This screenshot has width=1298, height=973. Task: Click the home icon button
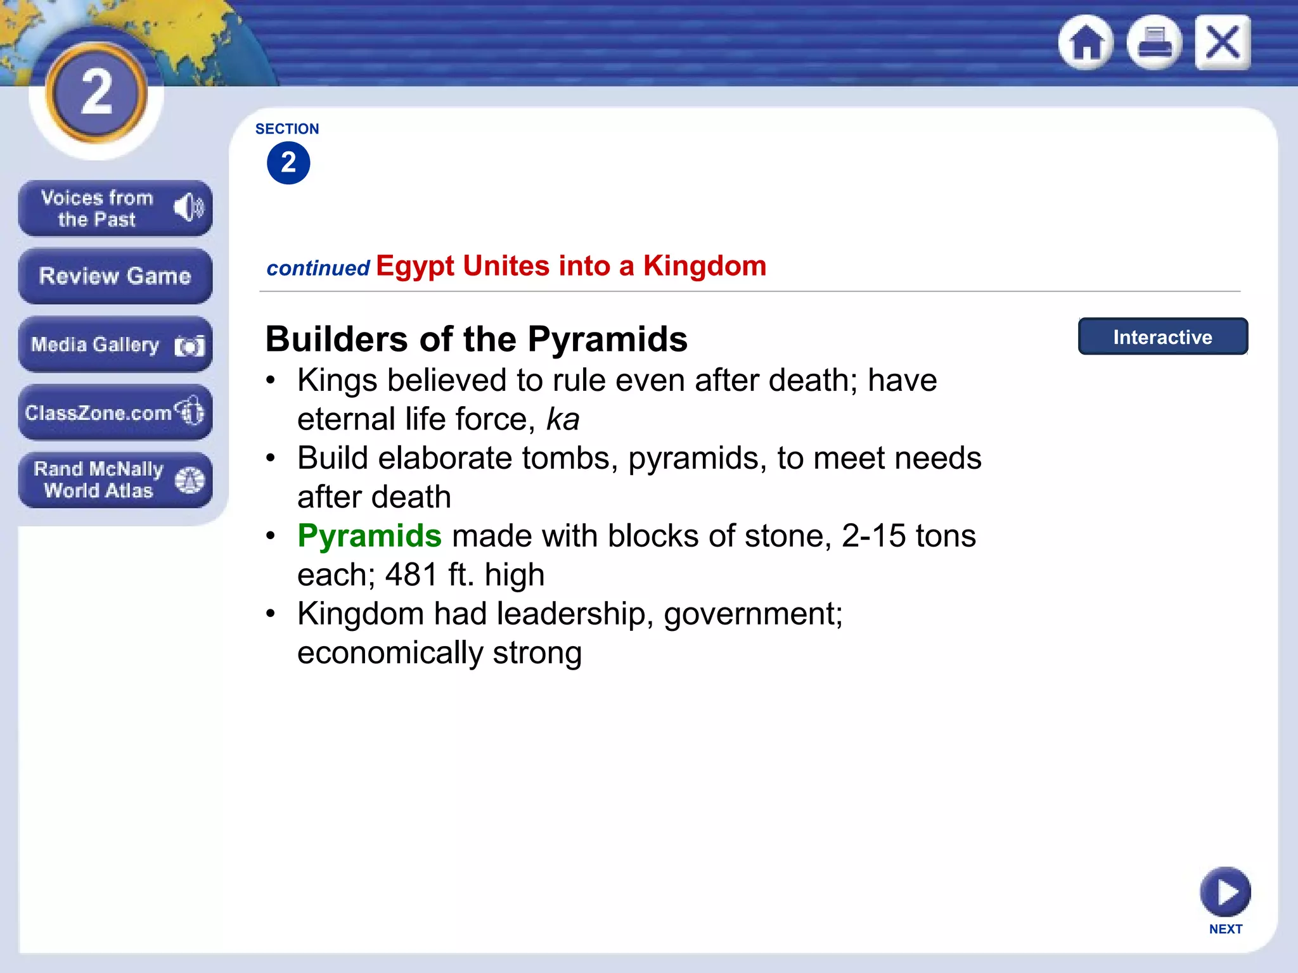tap(1086, 42)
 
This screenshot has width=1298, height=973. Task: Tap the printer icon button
tap(1154, 42)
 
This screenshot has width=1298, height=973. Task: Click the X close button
tap(1223, 42)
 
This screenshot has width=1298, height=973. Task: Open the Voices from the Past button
tap(115, 208)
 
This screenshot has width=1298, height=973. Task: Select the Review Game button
tap(115, 276)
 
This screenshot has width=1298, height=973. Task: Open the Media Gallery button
tap(115, 345)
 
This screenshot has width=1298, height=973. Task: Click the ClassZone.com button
tap(115, 412)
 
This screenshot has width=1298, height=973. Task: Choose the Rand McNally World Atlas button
tap(115, 480)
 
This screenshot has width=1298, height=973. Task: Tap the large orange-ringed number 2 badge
tap(96, 92)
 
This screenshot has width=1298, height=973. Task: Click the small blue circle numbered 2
tap(288, 163)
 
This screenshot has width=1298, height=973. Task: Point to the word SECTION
tap(287, 129)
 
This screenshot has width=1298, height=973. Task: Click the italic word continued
tap(318, 269)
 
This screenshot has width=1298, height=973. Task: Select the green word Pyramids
tap(369, 536)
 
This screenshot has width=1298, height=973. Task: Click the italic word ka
tap(563, 419)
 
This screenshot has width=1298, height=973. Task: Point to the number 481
tap(412, 575)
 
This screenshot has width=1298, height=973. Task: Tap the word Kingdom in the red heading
tap(705, 266)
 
